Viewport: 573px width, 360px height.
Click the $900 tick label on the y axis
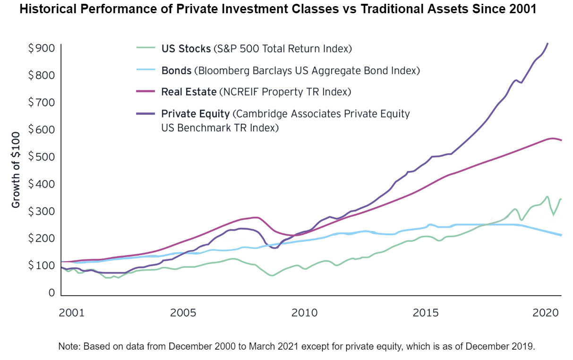click(42, 48)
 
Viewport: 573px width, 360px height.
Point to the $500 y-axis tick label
click(42, 157)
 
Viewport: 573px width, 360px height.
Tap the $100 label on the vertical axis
click(42, 266)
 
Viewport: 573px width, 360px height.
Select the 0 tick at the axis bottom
click(51, 293)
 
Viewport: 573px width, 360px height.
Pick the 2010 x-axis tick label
click(305, 313)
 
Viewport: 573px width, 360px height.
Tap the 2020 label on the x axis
click(547, 313)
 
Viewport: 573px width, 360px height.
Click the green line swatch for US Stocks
click(145, 48)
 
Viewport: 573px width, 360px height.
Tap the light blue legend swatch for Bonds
click(145, 70)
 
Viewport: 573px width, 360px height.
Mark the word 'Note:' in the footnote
click(70, 346)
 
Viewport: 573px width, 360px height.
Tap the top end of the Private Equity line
click(547, 43)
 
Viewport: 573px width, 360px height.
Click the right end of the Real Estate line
click(561, 140)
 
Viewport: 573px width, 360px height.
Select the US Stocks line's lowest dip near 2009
click(272, 275)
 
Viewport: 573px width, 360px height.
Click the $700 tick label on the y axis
click(42, 103)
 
